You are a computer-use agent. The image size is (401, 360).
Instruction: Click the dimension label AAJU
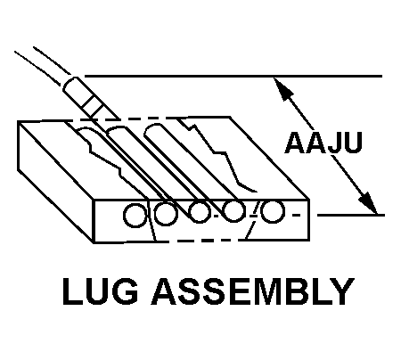point(323,143)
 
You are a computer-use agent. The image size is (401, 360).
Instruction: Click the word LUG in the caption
point(101,291)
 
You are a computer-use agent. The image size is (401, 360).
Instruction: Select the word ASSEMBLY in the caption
point(253,291)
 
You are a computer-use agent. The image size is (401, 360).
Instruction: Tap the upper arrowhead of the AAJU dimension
point(283,88)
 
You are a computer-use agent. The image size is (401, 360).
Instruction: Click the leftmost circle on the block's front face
point(135,216)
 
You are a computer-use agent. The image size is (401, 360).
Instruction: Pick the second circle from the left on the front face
point(166,213)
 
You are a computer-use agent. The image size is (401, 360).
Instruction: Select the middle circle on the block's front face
point(199,212)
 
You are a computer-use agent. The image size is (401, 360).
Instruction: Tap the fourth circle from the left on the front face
point(234,211)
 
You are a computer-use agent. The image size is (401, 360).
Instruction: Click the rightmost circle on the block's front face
point(273,211)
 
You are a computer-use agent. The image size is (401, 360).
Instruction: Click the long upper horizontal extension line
point(233,77)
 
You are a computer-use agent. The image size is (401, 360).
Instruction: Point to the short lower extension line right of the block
point(351,215)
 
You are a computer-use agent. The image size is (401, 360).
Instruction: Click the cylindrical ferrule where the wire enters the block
point(89,98)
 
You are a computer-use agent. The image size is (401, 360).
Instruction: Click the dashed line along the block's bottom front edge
point(199,241)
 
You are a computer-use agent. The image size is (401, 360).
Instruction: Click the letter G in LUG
point(125,291)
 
